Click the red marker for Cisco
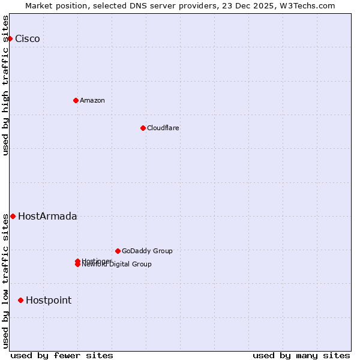[10, 38]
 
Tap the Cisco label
[28, 39]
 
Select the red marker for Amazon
[76, 100]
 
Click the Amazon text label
[92, 100]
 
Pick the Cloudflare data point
[143, 128]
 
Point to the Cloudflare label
[163, 128]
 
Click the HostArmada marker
[13, 216]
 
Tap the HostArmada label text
[47, 217]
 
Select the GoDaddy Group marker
[118, 251]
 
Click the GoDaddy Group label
[147, 251]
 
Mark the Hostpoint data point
[20, 300]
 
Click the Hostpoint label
[49, 301]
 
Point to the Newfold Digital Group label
[118, 265]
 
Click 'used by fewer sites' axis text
[62, 355]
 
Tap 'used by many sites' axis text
[301, 355]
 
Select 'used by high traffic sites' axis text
[6, 85]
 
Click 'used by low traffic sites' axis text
[6, 281]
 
